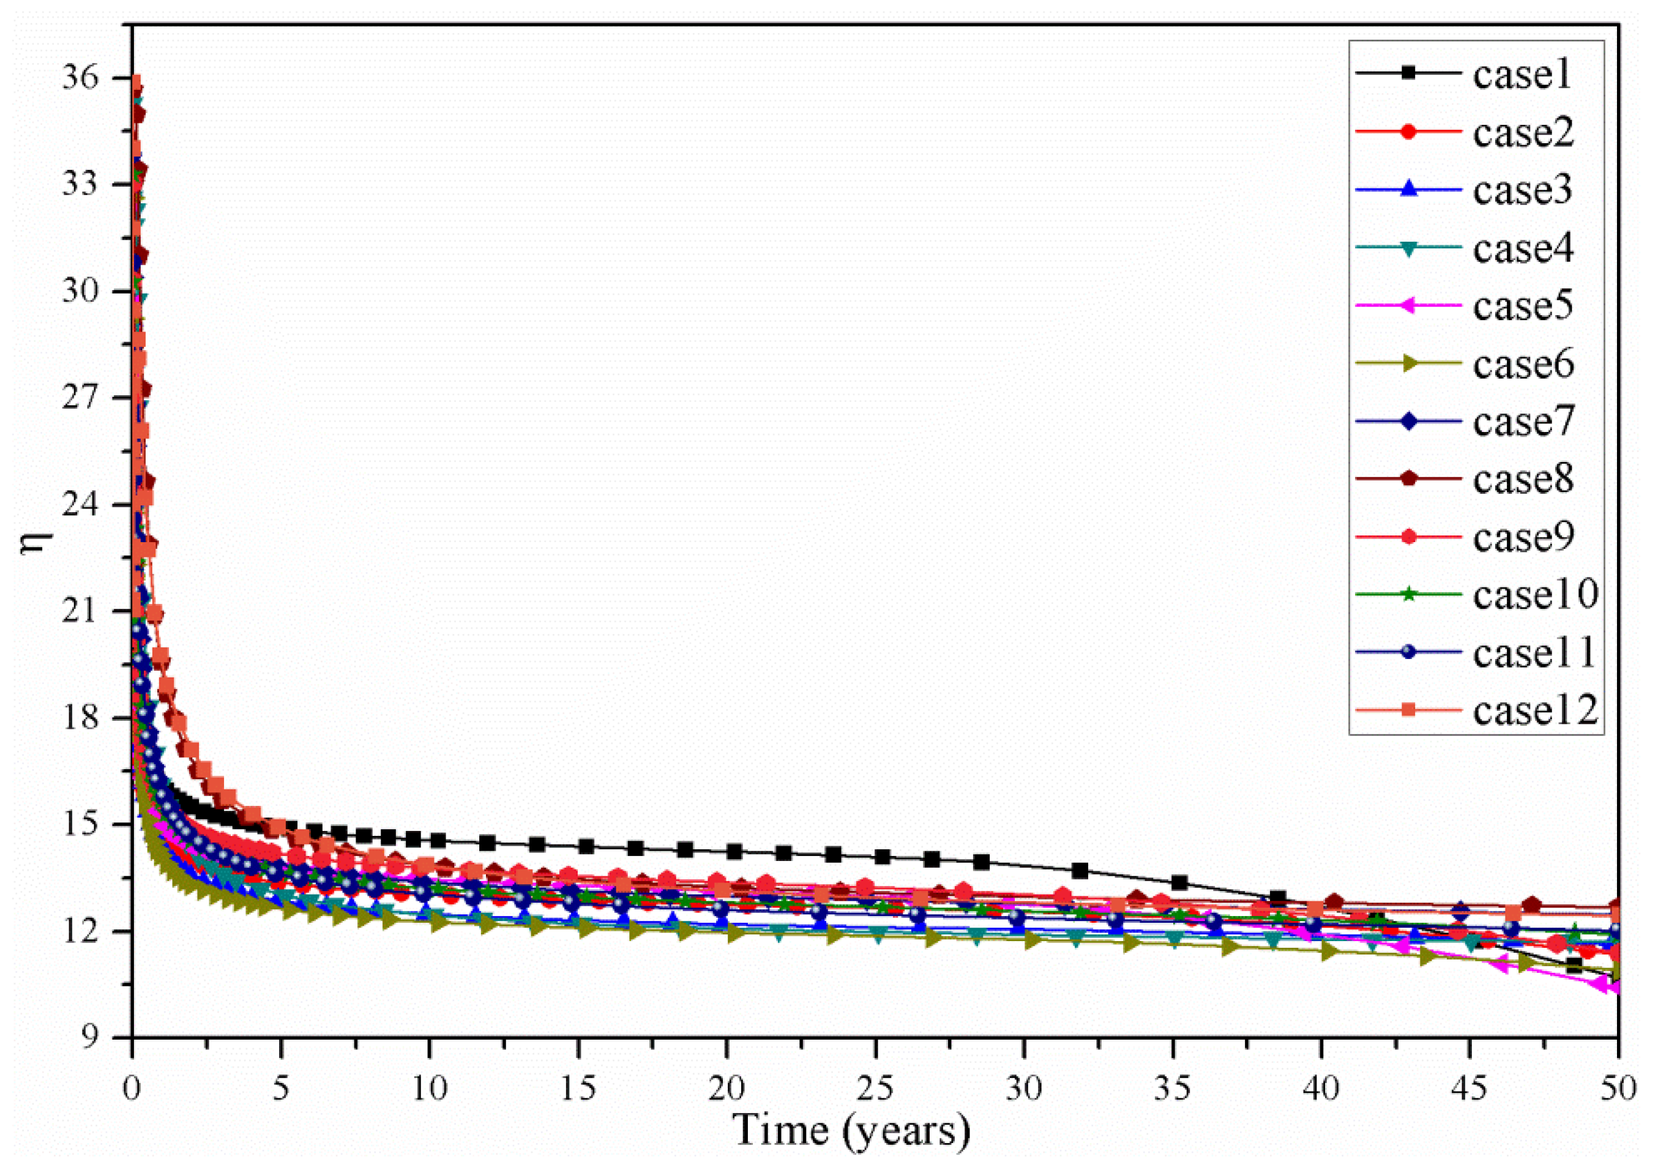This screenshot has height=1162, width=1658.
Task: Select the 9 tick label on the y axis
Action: click(x=98, y=1038)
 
